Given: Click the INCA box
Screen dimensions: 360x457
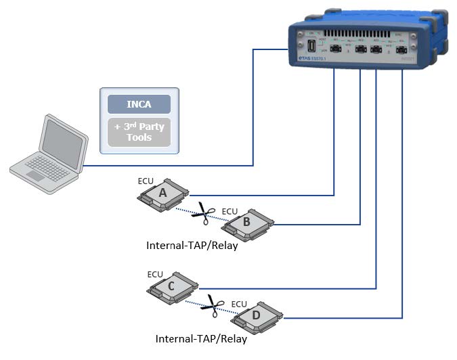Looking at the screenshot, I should click(x=139, y=105).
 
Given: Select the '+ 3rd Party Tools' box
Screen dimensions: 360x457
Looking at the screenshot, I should click(x=139, y=133).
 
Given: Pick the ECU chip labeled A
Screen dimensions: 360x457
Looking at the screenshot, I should click(x=163, y=194).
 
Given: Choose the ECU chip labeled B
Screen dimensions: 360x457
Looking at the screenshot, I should click(x=246, y=222).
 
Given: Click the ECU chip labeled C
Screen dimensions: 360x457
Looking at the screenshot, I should click(x=172, y=287).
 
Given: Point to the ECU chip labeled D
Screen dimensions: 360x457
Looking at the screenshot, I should click(x=256, y=315).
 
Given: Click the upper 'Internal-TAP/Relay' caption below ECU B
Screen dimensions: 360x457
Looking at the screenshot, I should click(x=192, y=246).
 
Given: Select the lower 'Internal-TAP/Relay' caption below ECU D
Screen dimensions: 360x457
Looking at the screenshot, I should click(x=201, y=339).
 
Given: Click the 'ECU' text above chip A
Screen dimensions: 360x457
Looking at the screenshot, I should click(x=146, y=181).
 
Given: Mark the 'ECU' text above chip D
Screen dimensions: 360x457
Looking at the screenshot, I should click(x=240, y=304).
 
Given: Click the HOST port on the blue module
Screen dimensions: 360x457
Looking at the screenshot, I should click(x=311, y=47).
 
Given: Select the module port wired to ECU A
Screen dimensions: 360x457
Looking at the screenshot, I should click(x=335, y=49).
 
